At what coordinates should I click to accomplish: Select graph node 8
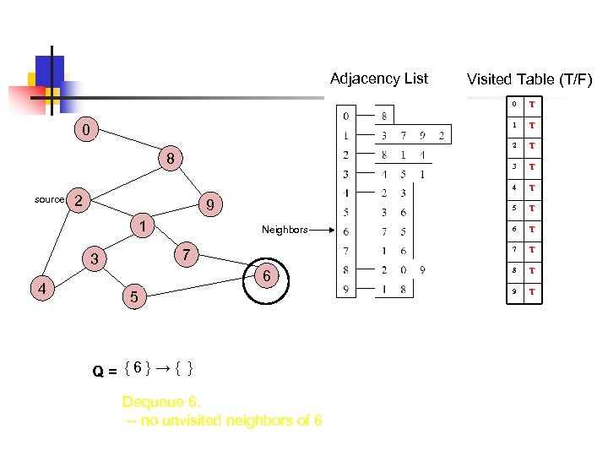tap(170, 159)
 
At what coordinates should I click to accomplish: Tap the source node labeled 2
tap(78, 200)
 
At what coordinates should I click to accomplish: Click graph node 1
tap(144, 226)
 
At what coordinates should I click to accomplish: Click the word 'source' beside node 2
tap(49, 200)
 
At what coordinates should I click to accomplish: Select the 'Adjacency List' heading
tap(378, 79)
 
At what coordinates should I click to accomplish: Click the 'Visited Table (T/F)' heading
tap(529, 80)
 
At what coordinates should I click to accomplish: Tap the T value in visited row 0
tap(532, 106)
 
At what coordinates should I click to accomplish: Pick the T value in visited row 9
tap(532, 292)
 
